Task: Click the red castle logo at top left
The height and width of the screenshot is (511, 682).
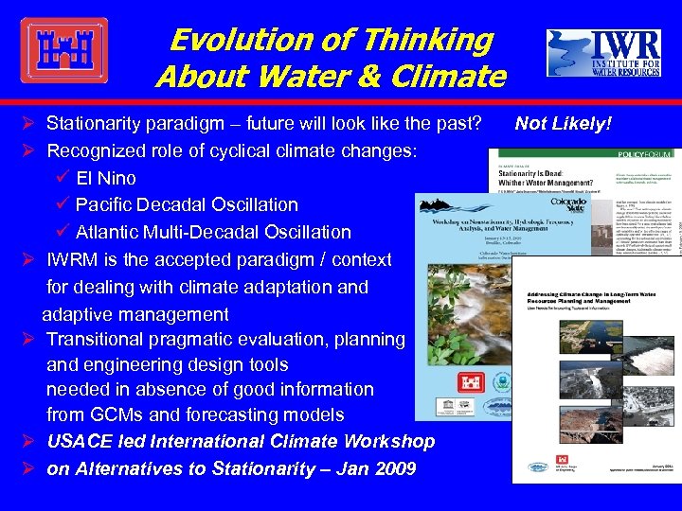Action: click(x=63, y=50)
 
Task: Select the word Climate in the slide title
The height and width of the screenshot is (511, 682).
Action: click(x=451, y=76)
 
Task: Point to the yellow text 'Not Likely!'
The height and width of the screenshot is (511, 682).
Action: click(x=563, y=123)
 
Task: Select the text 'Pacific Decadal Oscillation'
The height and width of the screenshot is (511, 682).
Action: click(x=187, y=204)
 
